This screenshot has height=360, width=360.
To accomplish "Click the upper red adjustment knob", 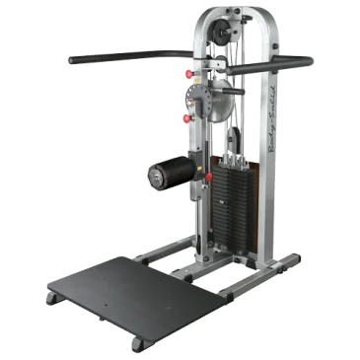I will coord(188,76).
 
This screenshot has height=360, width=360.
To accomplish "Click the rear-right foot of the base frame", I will coord(293,259).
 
